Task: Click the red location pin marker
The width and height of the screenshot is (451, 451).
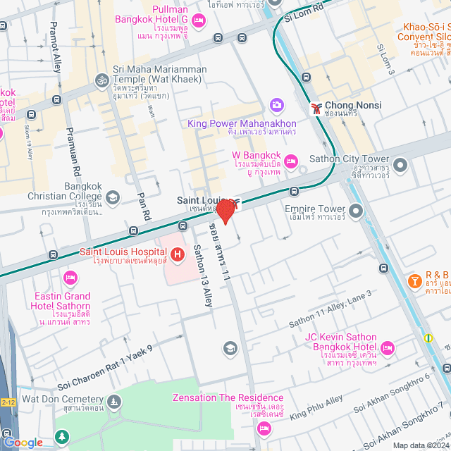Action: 225,211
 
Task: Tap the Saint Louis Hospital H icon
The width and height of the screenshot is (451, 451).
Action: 178,253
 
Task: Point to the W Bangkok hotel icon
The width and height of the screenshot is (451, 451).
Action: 291,161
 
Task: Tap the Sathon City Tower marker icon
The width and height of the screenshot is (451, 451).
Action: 401,166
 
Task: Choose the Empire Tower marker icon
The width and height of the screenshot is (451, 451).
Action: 355,210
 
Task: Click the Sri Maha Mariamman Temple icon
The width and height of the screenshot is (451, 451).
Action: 101,79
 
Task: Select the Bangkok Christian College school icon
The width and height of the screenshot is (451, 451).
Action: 112,196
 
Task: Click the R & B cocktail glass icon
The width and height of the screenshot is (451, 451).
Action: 415,282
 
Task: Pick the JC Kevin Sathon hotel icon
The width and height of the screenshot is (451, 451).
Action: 387,347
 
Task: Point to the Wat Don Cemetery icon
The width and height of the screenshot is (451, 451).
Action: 113,402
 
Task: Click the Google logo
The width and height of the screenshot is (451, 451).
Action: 23,442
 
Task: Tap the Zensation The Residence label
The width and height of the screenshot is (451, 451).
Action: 228,398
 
